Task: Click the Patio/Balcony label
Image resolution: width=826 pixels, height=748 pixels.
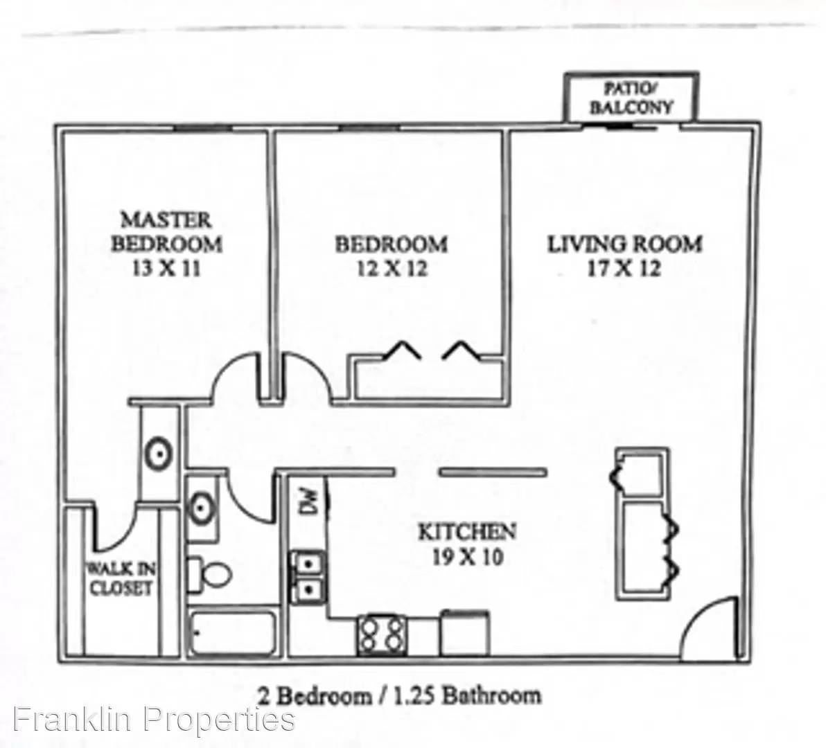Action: pyautogui.click(x=631, y=98)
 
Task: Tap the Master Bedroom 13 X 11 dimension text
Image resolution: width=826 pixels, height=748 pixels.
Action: pyautogui.click(x=166, y=269)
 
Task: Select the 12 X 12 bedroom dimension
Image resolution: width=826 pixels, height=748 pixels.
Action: pyautogui.click(x=392, y=269)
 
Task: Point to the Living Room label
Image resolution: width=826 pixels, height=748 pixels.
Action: pyautogui.click(x=625, y=244)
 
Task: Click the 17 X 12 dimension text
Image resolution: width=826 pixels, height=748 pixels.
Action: pyautogui.click(x=624, y=269)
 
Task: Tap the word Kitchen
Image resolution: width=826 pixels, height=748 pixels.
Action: pyautogui.click(x=467, y=532)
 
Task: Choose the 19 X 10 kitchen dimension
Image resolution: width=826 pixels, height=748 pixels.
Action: pyautogui.click(x=467, y=556)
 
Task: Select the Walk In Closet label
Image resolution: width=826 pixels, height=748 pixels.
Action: pyautogui.click(x=121, y=578)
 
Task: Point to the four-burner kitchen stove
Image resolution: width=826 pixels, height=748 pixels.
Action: pyautogui.click(x=382, y=634)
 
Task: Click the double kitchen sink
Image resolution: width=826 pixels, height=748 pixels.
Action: pyautogui.click(x=308, y=577)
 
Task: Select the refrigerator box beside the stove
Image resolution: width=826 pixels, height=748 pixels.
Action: pyautogui.click(x=464, y=632)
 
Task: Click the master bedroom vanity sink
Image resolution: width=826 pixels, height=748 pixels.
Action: pyautogui.click(x=159, y=454)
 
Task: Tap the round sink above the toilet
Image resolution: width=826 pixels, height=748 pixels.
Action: pyautogui.click(x=201, y=508)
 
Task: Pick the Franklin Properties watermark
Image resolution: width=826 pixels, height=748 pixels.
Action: pyautogui.click(x=154, y=720)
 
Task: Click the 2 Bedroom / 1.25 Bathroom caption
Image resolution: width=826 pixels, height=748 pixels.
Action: pyautogui.click(x=398, y=695)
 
